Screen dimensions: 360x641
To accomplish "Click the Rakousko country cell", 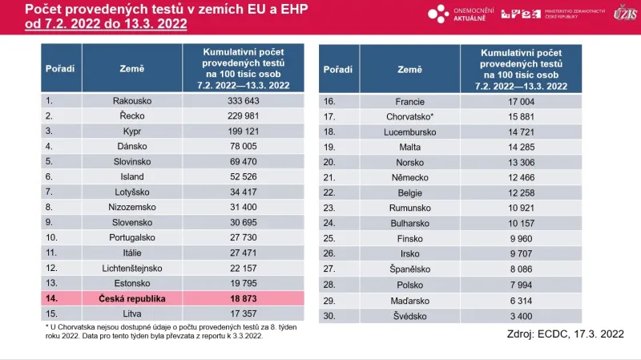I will [x=132, y=101].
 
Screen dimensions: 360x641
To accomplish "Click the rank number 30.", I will [x=329, y=317].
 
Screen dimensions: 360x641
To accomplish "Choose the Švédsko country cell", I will [x=409, y=317].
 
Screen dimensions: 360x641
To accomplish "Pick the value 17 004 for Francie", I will [x=521, y=102].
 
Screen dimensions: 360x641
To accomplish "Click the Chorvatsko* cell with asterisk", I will [x=409, y=117].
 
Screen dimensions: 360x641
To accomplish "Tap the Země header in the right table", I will [x=409, y=69].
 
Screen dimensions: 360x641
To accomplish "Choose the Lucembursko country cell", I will [x=409, y=132].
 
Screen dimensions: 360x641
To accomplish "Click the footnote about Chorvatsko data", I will [x=160, y=331].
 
